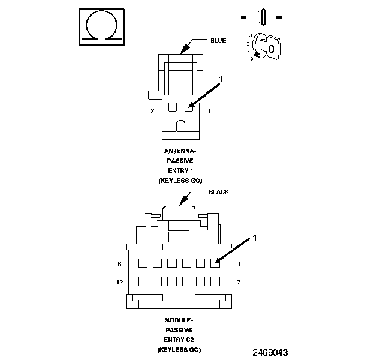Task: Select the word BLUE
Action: pos(218,40)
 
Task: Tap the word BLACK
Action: pos(219,192)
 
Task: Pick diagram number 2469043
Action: pos(270,352)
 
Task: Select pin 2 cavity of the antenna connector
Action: pos(172,107)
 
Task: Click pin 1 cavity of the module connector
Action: pos(215,263)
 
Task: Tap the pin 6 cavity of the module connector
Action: pos(143,263)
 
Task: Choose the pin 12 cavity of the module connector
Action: pos(143,281)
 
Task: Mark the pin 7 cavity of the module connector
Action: pos(215,281)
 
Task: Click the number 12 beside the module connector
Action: pos(120,281)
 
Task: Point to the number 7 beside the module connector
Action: pos(239,281)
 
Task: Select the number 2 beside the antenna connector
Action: pos(152,111)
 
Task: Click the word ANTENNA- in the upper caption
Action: pos(179,152)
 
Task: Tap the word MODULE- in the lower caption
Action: pos(179,320)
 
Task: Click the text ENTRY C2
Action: pos(179,339)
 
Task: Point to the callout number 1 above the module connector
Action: pos(254,238)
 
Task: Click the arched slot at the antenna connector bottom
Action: pos(180,126)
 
